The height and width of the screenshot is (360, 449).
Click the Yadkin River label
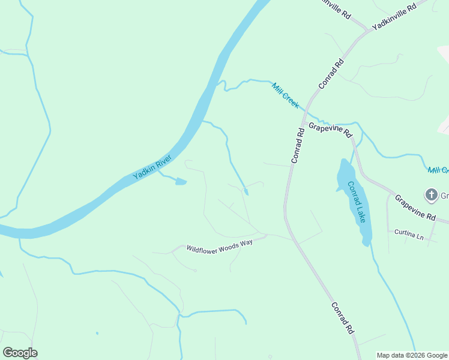[152, 167]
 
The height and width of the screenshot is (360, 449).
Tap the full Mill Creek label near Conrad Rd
[285, 95]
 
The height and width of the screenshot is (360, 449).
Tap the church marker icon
[431, 194]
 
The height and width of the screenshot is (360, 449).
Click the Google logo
[20, 353]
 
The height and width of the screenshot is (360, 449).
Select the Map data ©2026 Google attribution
[412, 355]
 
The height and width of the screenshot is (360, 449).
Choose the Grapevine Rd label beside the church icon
[415, 206]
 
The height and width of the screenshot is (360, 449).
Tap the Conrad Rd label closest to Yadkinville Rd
[331, 74]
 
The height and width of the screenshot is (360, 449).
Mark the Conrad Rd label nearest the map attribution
[341, 318]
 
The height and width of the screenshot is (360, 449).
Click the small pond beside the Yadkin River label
[181, 181]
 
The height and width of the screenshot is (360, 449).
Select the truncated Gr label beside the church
[445, 195]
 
